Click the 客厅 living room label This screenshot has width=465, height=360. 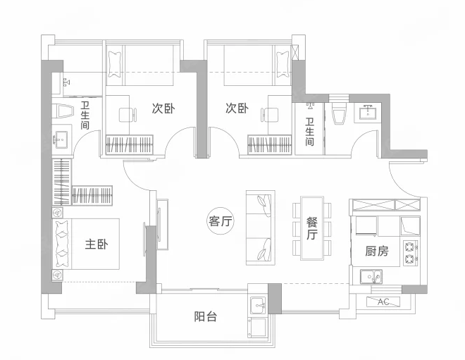point(221,221)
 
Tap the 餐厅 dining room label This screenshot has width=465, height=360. point(311,228)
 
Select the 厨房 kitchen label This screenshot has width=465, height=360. point(377,252)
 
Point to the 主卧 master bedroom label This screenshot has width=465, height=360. point(97,244)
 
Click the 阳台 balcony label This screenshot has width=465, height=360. point(206,316)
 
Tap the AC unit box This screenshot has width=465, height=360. point(383,302)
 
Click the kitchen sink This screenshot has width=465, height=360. point(371,277)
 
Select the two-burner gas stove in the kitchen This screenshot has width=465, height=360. point(411,253)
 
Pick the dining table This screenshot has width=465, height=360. point(311,228)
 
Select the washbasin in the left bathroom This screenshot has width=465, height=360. point(62,139)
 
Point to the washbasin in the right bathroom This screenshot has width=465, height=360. point(368,113)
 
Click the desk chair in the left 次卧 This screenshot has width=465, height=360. point(128,115)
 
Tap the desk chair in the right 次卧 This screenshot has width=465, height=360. point(270,115)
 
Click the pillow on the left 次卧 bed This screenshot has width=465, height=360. point(115,65)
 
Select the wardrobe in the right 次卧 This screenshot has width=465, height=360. point(270,144)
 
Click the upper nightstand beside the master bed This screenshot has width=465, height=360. point(57,213)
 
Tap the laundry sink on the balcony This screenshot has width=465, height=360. point(259,306)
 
